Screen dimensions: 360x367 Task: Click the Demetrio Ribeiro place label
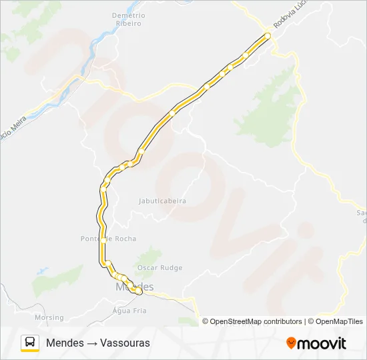pos(127,19)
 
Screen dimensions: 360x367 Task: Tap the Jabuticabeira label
pos(162,201)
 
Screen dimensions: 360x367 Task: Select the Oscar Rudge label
pos(159,268)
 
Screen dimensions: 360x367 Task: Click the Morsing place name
pos(49,317)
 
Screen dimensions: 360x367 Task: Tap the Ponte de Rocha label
pos(108,239)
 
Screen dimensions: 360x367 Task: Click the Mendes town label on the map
pos(134,287)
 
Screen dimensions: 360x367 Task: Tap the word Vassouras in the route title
pos(127,343)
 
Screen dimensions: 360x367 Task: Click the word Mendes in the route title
pos(65,343)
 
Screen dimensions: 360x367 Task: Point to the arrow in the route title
pos(92,343)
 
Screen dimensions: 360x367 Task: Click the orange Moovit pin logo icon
pos(291,343)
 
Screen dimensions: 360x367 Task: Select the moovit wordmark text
pos(322,343)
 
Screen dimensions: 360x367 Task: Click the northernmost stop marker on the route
pos(268,36)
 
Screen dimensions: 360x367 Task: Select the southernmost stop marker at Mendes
pos(138,291)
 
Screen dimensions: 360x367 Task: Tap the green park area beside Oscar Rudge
pos(148,257)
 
